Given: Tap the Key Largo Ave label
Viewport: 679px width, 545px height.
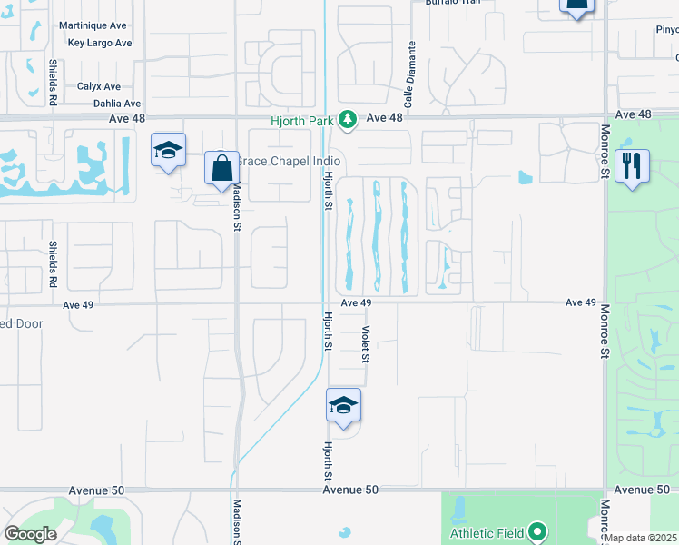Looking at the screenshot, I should click(100, 43).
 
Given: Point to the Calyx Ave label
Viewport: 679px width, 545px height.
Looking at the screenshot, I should click(100, 86).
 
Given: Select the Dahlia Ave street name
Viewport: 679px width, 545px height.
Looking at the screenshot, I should click(117, 104).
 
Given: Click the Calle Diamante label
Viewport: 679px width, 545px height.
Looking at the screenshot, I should click(410, 74).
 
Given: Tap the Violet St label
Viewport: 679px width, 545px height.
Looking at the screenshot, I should click(366, 344).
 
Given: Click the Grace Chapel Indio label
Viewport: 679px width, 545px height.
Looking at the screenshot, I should click(282, 161).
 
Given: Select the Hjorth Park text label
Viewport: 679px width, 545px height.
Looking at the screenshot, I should click(301, 119).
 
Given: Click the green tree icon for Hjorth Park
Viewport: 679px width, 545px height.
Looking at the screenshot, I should click(346, 118).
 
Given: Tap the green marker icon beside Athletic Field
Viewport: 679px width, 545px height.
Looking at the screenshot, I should click(538, 530).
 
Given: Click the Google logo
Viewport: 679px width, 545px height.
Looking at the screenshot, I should click(31, 533).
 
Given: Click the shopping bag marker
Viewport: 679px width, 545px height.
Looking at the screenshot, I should click(221, 168).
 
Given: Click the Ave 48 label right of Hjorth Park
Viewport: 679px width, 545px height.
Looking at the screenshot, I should click(384, 117).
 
